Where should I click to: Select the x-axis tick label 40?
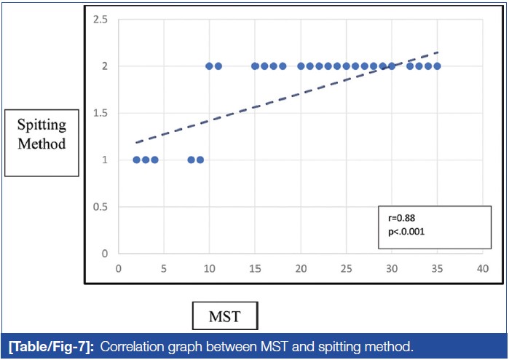[x=482, y=267]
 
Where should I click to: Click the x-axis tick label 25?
[x=346, y=267]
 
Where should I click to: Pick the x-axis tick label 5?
[x=164, y=267]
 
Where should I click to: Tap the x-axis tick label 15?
[x=255, y=267]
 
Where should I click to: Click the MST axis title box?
[x=224, y=318]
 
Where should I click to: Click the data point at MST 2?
[x=137, y=160]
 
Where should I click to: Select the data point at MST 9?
[x=200, y=160]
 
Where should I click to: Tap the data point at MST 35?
[x=437, y=66]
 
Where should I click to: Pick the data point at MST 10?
[x=210, y=66]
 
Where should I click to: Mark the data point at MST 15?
[x=255, y=66]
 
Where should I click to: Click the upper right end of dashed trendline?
[x=438, y=52]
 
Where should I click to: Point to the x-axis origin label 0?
[x=119, y=267]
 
